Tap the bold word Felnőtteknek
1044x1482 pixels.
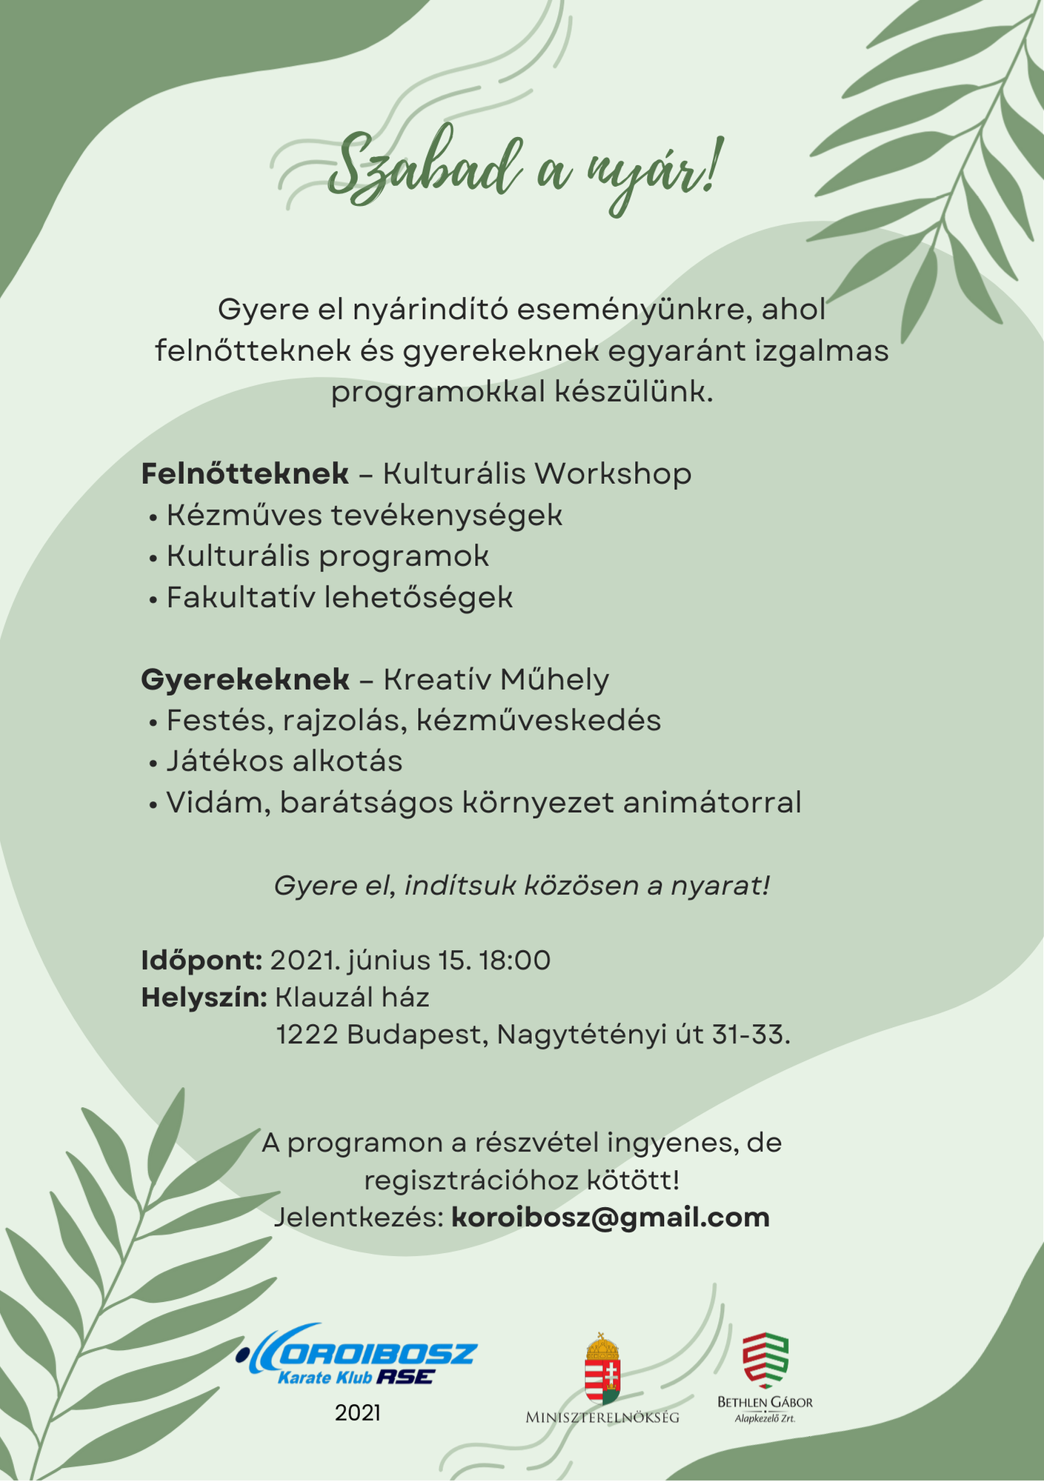pos(245,473)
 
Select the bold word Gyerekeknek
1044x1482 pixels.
pos(245,679)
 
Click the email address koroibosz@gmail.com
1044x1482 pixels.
pos(611,1217)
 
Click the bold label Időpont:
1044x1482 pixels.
pos(202,960)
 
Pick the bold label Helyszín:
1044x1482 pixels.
pos(204,997)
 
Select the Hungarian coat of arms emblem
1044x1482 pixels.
pos(602,1368)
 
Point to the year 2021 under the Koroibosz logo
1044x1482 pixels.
pos(357,1413)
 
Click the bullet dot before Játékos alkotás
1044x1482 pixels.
pos(153,763)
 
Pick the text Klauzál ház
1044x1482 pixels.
pos(352,997)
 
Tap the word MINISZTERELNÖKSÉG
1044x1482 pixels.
pos(602,1418)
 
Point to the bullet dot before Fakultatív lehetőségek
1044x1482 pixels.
pos(153,599)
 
